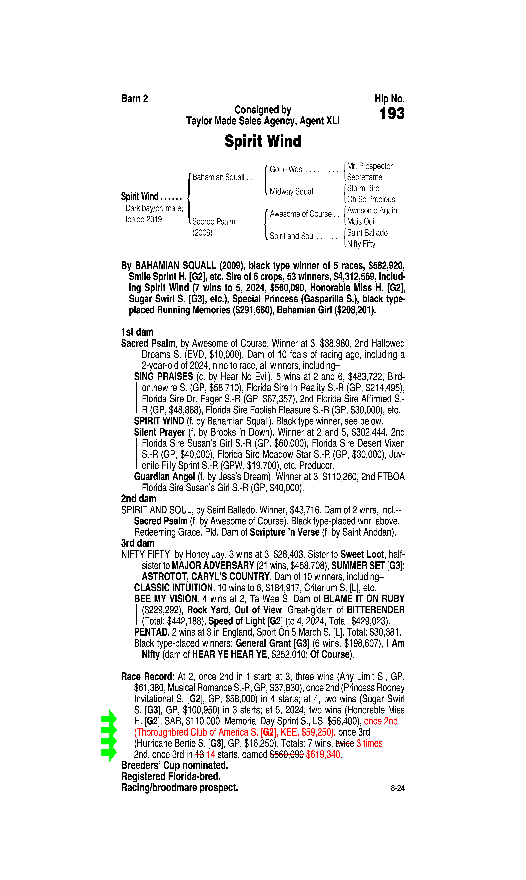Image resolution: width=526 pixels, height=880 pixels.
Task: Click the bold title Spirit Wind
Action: [x=263, y=141]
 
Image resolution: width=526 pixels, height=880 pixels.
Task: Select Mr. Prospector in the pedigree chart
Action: [x=370, y=166]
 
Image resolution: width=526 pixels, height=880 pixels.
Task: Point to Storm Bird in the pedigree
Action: [x=363, y=188]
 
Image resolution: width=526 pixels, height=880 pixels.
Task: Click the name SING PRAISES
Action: [x=163, y=376]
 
